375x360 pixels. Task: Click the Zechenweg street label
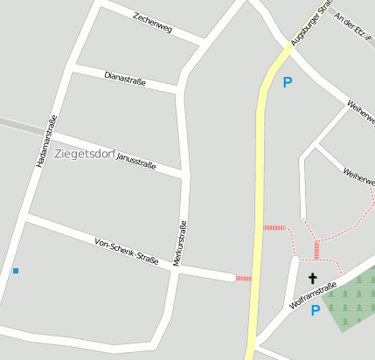(x=153, y=24)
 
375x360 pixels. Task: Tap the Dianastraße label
(x=125, y=80)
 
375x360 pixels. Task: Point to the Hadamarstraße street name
(x=46, y=142)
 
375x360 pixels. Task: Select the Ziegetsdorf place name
(x=83, y=155)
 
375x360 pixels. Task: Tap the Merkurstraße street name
(x=181, y=244)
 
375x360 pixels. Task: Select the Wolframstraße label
(x=312, y=295)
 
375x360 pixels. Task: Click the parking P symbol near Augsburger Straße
(x=288, y=84)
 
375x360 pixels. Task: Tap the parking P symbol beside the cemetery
(x=316, y=310)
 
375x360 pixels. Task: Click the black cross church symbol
(x=313, y=278)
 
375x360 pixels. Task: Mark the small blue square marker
(x=16, y=271)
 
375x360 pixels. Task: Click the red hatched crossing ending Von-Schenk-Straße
(x=243, y=278)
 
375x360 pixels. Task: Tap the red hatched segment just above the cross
(x=316, y=250)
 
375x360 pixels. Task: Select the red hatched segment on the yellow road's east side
(x=274, y=228)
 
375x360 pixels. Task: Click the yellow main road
(x=259, y=192)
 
